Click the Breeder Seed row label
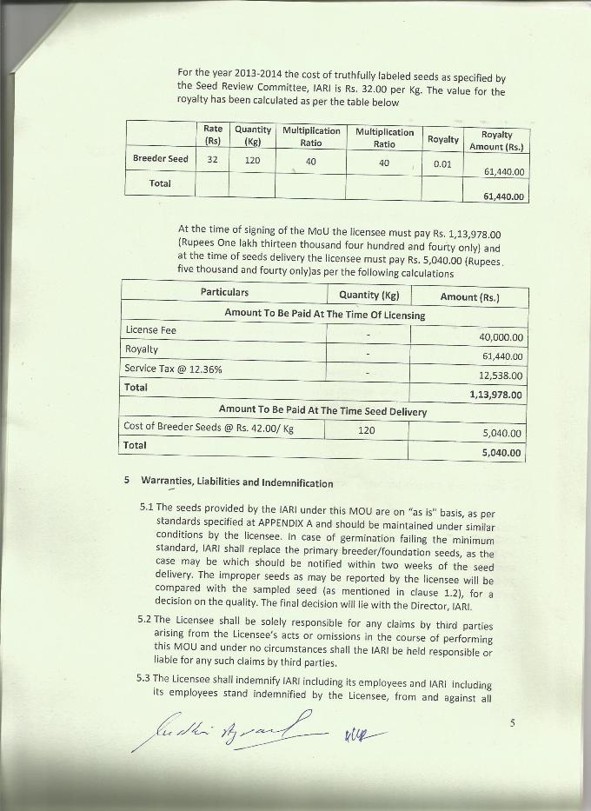tap(160, 159)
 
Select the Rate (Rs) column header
tap(212, 135)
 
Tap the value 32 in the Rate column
tap(212, 160)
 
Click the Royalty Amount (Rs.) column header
tap(497, 140)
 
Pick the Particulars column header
tap(224, 292)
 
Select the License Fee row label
tap(150, 330)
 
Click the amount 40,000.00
tap(501, 337)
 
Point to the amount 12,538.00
tap(501, 376)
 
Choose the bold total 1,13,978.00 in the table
tap(495, 395)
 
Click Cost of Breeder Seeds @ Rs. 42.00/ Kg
tap(209, 427)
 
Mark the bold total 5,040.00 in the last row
tap(501, 452)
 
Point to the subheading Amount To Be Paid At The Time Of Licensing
tap(324, 314)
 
